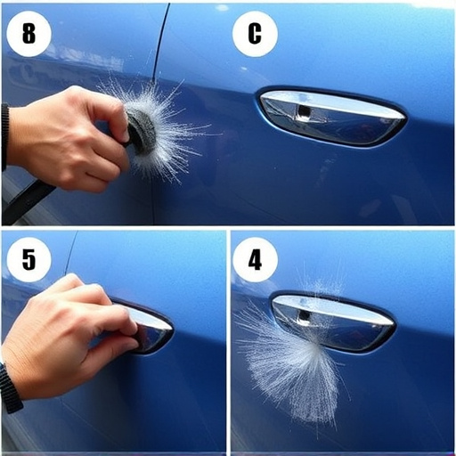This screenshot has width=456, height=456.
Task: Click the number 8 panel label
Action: point(29,35)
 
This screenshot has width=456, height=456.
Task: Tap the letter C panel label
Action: point(255,35)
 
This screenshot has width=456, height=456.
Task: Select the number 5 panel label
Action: point(29,260)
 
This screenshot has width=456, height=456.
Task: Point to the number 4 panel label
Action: point(255,260)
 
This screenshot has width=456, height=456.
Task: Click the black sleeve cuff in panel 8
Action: point(4,134)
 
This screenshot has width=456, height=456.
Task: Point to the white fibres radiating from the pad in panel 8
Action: point(174,142)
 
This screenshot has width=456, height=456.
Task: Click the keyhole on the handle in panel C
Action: point(304,111)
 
